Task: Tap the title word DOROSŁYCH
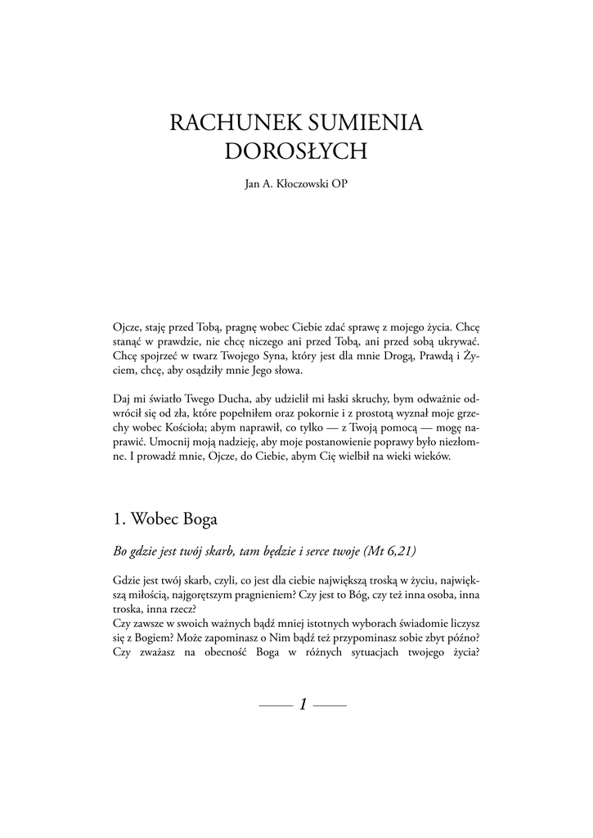(296, 152)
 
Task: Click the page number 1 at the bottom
(303, 704)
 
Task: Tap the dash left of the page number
(275, 705)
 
